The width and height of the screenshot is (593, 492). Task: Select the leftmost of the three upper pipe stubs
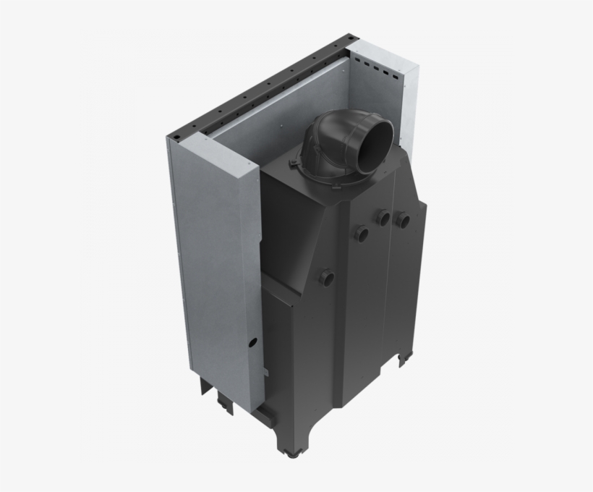(x=361, y=232)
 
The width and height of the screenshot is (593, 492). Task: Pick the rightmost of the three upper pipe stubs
(x=403, y=219)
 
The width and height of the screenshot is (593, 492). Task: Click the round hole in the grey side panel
(x=253, y=341)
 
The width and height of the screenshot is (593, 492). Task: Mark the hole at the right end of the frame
(x=350, y=37)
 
